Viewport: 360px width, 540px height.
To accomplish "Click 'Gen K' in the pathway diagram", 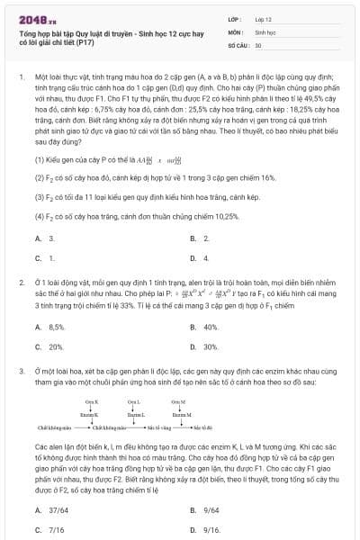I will [x=91, y=401].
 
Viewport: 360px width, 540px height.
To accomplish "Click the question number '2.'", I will [x=21, y=283].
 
